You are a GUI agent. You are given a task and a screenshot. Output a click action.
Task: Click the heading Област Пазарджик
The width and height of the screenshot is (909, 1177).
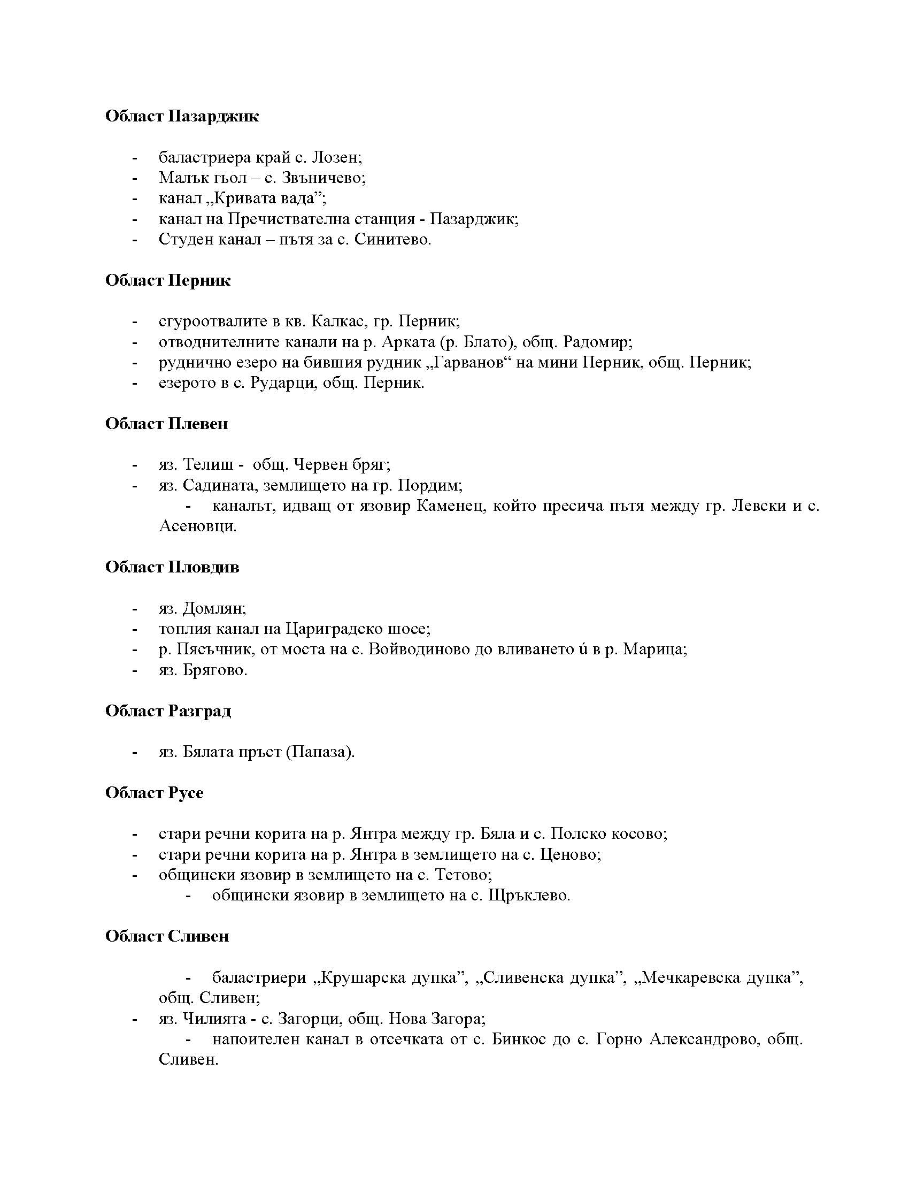181,117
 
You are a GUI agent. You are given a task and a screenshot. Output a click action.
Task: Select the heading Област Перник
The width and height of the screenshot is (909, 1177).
167,280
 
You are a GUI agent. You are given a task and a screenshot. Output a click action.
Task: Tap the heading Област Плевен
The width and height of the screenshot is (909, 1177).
166,424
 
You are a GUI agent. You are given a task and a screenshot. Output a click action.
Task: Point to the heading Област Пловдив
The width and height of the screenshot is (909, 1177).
172,567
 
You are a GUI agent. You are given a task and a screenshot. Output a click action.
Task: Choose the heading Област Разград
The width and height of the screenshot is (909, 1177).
168,711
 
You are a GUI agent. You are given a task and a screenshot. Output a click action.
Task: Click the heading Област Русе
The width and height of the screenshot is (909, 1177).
154,793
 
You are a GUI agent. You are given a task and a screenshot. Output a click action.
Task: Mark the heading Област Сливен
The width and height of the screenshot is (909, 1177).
167,936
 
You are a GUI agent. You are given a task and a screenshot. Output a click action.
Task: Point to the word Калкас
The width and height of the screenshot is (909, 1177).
338,321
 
